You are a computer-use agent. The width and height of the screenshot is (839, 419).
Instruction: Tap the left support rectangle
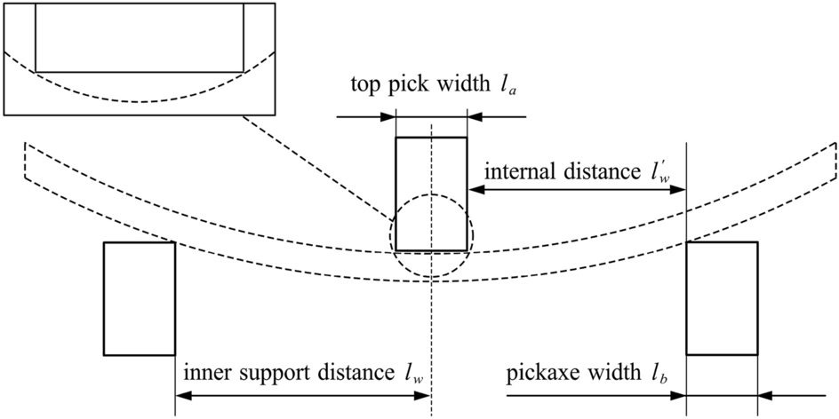coord(140,298)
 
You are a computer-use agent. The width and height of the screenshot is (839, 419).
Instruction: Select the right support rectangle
coord(722,298)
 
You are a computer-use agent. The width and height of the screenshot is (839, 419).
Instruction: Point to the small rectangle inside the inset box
coord(139,37)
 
